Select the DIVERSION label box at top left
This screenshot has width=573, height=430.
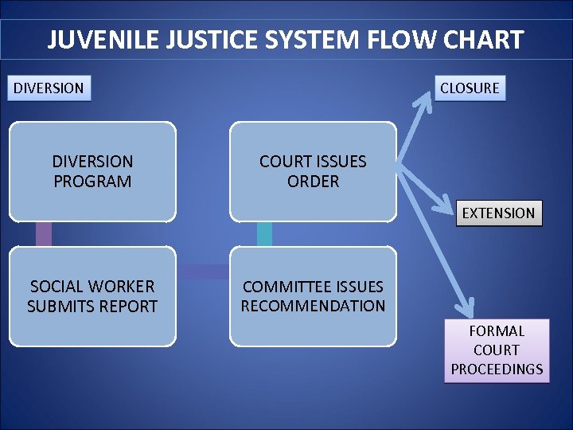pyautogui.click(x=49, y=88)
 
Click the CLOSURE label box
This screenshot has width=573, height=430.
pyautogui.click(x=470, y=88)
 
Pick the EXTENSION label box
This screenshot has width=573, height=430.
pyautogui.click(x=499, y=213)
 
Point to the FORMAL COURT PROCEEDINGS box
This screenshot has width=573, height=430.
pyautogui.click(x=497, y=350)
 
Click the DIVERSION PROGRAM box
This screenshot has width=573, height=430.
pyautogui.click(x=92, y=171)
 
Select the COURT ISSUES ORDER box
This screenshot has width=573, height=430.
pyautogui.click(x=313, y=171)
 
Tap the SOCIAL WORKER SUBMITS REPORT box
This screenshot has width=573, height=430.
pyautogui.click(x=92, y=296)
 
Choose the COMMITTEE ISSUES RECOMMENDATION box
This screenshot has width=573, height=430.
pyautogui.click(x=313, y=296)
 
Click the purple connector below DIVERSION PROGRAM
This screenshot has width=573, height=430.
pyautogui.click(x=44, y=233)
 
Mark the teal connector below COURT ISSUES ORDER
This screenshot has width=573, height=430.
pyautogui.click(x=264, y=233)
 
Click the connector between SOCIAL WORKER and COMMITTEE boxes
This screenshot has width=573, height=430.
pyautogui.click(x=203, y=272)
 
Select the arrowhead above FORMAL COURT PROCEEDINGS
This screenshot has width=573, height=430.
pyautogui.click(x=467, y=306)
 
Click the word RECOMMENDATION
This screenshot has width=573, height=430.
pyautogui.click(x=313, y=306)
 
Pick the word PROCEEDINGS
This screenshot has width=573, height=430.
pyautogui.click(x=497, y=369)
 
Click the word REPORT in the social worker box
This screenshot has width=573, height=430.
pyautogui.click(x=130, y=307)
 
